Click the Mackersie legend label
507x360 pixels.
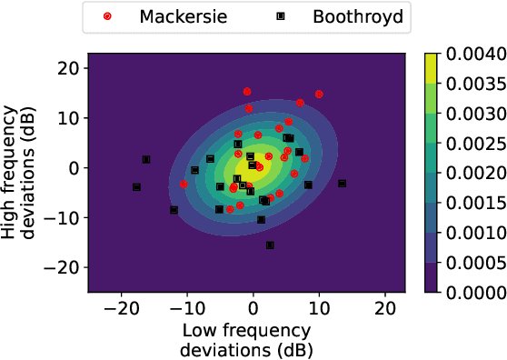pyautogui.click(x=172, y=16)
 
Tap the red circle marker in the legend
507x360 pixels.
pyautogui.click(x=108, y=16)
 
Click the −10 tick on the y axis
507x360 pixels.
pyautogui.click(x=62, y=217)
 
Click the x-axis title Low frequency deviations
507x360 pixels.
pyautogui.click(x=246, y=338)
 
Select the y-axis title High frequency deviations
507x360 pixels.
pyautogui.click(x=25, y=168)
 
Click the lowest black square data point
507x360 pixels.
pyautogui.click(x=270, y=245)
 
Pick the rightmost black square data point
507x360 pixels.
pyautogui.click(x=342, y=184)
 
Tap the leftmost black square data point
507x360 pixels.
pyautogui.click(x=136, y=187)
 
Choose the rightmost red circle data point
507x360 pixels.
pyautogui.click(x=319, y=94)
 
